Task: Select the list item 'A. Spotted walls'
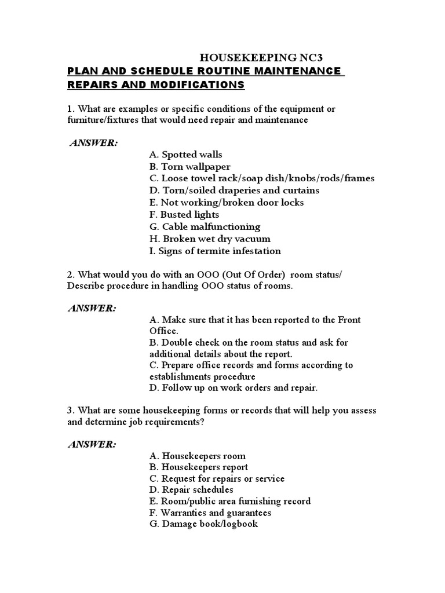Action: (x=185, y=155)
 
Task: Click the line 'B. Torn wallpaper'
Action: (x=189, y=167)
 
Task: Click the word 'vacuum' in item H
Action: (x=254, y=239)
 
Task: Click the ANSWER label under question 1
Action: (x=93, y=143)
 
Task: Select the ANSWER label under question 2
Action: (x=92, y=308)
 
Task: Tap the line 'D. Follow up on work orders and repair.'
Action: (x=234, y=388)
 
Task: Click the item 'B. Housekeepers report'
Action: (x=198, y=467)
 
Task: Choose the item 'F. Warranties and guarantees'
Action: (x=210, y=513)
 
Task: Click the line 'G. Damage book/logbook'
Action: (x=203, y=524)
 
